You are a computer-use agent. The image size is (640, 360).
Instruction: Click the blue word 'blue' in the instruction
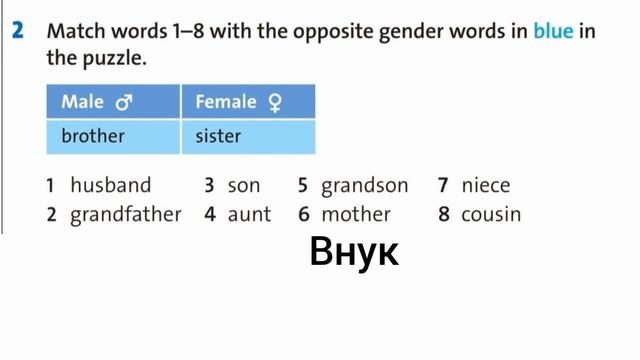click(553, 31)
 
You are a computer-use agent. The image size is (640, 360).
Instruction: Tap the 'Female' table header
click(226, 102)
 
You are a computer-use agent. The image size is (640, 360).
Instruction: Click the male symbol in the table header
click(125, 102)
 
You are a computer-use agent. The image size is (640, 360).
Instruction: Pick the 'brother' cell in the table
click(93, 136)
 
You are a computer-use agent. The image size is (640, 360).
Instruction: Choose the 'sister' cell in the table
click(218, 136)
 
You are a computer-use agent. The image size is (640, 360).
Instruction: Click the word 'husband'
click(110, 185)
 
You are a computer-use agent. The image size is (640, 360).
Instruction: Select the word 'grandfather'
click(126, 214)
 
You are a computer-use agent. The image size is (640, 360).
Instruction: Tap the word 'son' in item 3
click(244, 185)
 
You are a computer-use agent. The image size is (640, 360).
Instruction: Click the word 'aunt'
click(249, 214)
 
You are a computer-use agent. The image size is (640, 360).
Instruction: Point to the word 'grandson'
click(365, 185)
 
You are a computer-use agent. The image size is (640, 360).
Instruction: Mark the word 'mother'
click(356, 214)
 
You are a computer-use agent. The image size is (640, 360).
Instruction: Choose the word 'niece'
click(486, 185)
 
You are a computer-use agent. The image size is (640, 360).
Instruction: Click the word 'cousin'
click(491, 214)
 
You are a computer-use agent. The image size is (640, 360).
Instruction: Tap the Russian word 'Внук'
click(355, 252)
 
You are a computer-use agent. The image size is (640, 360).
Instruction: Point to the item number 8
click(443, 214)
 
